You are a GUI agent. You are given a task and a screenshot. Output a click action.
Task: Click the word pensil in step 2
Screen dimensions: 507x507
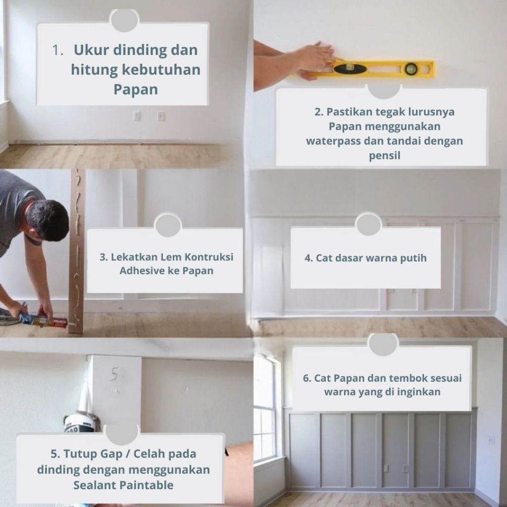pos(384,155)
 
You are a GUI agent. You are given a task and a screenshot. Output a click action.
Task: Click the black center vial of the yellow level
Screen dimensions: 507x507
pos(350,68)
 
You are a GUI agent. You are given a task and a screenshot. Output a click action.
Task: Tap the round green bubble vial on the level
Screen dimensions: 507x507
pos(411,68)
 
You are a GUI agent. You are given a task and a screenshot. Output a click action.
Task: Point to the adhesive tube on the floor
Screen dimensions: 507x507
pos(43,320)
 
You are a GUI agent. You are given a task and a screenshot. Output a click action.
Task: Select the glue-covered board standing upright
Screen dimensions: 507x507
pos(77,252)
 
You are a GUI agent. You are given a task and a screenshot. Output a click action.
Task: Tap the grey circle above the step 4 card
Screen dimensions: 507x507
pos(368,224)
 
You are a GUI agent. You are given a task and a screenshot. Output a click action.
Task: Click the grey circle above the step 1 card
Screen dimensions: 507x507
pos(124,20)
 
